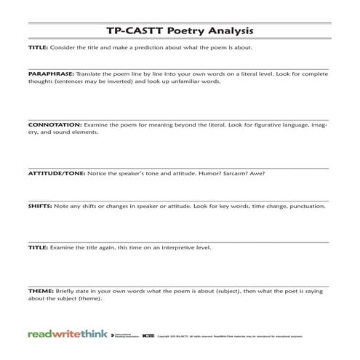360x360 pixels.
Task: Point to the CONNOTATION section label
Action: pyautogui.click(x=55, y=125)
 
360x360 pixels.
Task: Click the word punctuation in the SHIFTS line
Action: pyautogui.click(x=304, y=206)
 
